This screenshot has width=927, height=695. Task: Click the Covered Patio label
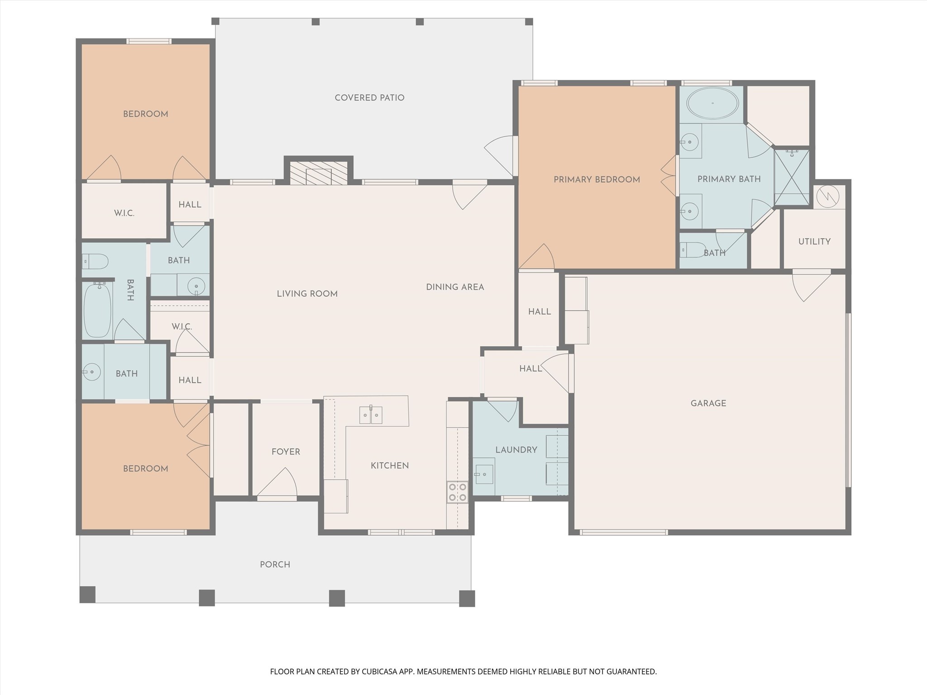coord(369,98)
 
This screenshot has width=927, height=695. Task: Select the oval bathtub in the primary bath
coord(712,103)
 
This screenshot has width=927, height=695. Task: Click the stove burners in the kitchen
coord(457,492)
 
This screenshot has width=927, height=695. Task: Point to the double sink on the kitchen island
coord(371,415)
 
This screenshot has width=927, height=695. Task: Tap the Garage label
coord(708,403)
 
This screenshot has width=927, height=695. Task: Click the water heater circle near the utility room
coord(828,196)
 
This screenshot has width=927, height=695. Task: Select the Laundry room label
coord(516,450)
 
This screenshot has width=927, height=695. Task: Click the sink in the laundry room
coord(484,473)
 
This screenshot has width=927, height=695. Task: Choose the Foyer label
coord(286,452)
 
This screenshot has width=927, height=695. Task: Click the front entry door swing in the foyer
coord(277,482)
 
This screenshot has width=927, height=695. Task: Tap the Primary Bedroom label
coord(597,180)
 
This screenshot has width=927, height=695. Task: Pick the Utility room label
coord(814,242)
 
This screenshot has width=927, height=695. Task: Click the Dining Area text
coord(455,287)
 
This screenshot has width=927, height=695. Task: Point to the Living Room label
coord(307,294)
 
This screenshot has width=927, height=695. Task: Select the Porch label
coord(275,564)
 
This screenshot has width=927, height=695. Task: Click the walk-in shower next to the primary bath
coord(792,177)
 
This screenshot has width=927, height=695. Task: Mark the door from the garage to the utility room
coord(812,286)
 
